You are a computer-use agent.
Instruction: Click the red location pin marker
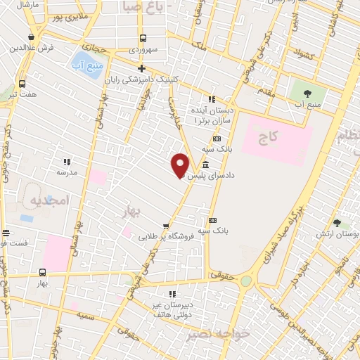pos(181,165)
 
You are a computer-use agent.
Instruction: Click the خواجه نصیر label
pos(211,335)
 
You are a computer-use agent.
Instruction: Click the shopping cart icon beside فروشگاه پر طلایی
pos(166,226)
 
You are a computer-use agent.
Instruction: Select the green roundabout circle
pos(245,281)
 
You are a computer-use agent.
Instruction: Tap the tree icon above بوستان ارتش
pos(337,223)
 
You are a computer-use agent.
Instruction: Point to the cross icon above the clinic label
pos(142,69)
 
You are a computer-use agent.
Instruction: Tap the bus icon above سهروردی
pos(143,39)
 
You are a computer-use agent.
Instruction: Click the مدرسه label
pos(67,172)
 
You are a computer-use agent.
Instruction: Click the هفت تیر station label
pos(23,93)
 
